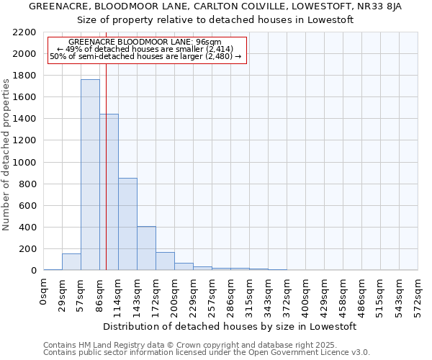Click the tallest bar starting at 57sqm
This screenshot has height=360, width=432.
click(x=90, y=175)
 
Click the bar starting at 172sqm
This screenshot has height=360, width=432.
click(x=165, y=261)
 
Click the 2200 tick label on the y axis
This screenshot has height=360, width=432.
click(x=24, y=32)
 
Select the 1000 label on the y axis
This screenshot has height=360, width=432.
click(x=24, y=163)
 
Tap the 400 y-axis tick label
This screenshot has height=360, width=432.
click(x=27, y=228)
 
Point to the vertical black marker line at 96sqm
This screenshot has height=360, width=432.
click(x=106, y=166)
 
